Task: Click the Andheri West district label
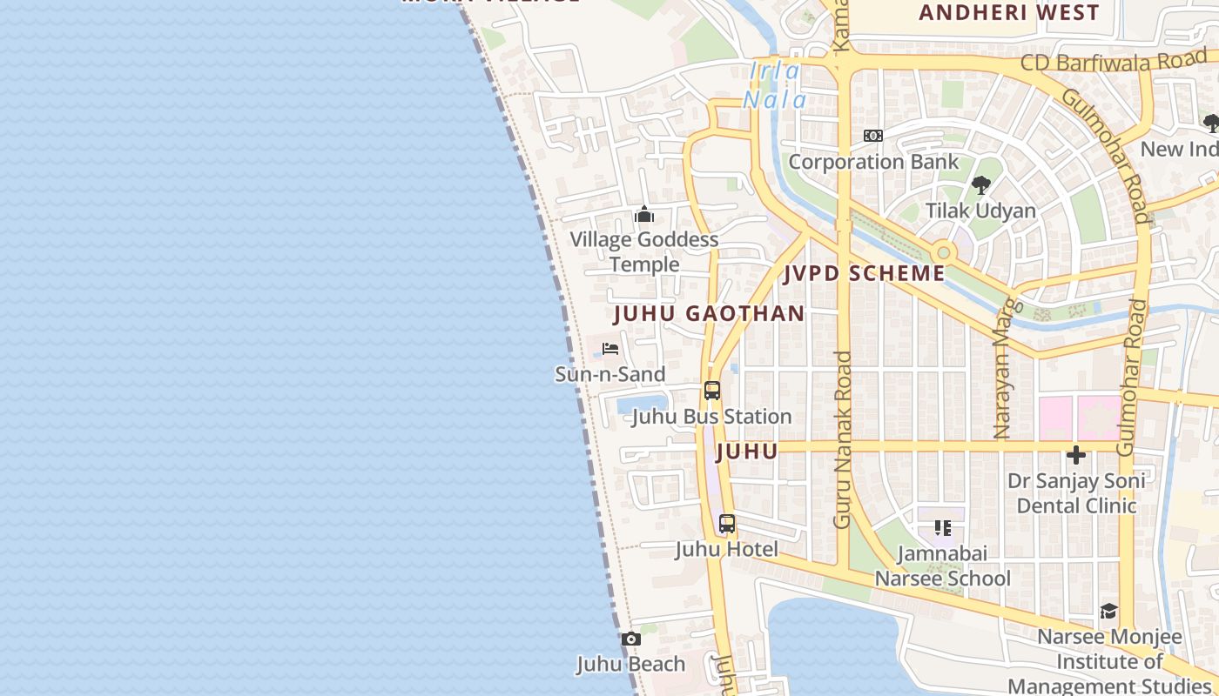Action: (x=1008, y=12)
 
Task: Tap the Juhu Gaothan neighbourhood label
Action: (x=709, y=314)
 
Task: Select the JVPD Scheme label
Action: (x=864, y=273)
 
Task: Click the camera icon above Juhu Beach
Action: (x=632, y=639)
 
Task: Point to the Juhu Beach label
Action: (x=631, y=664)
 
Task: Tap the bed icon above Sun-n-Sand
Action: (x=610, y=349)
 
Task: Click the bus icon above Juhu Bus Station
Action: (x=712, y=391)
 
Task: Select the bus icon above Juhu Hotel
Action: (x=727, y=524)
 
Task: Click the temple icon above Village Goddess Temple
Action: (x=644, y=214)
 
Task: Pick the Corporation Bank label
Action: (x=873, y=162)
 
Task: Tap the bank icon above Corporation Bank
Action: (x=873, y=136)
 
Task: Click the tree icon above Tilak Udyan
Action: (x=981, y=185)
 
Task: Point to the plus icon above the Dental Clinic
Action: (x=1076, y=455)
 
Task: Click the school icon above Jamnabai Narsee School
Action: (x=943, y=527)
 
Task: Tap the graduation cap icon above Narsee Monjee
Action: (x=1108, y=612)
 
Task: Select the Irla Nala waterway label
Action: (x=774, y=85)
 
